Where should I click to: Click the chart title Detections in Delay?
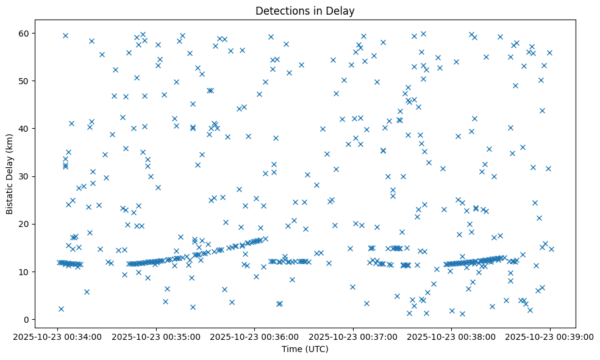[305, 11]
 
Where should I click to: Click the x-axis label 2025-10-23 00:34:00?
[57, 336]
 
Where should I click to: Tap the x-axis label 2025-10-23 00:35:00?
[155, 336]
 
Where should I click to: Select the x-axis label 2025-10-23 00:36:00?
[254, 336]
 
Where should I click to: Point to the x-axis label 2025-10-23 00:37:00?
[353, 336]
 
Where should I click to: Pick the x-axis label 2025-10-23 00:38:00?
[452, 336]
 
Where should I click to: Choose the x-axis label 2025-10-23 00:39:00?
[550, 336]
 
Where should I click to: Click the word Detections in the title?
[281, 11]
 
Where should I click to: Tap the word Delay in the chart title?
[342, 11]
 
